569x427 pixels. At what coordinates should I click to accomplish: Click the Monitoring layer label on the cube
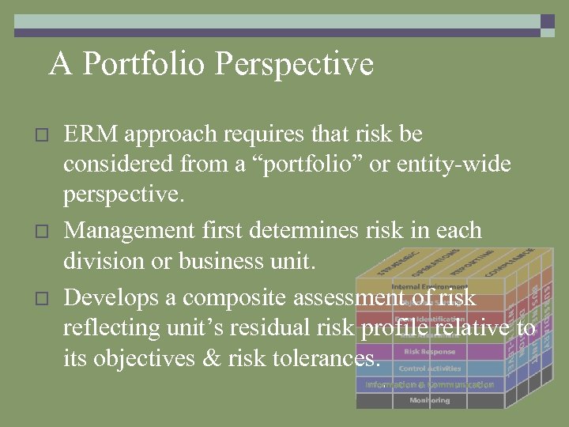coord(429,400)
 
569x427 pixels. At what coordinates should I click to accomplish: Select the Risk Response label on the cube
coord(429,351)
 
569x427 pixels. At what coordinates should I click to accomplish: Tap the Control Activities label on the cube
coord(429,368)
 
